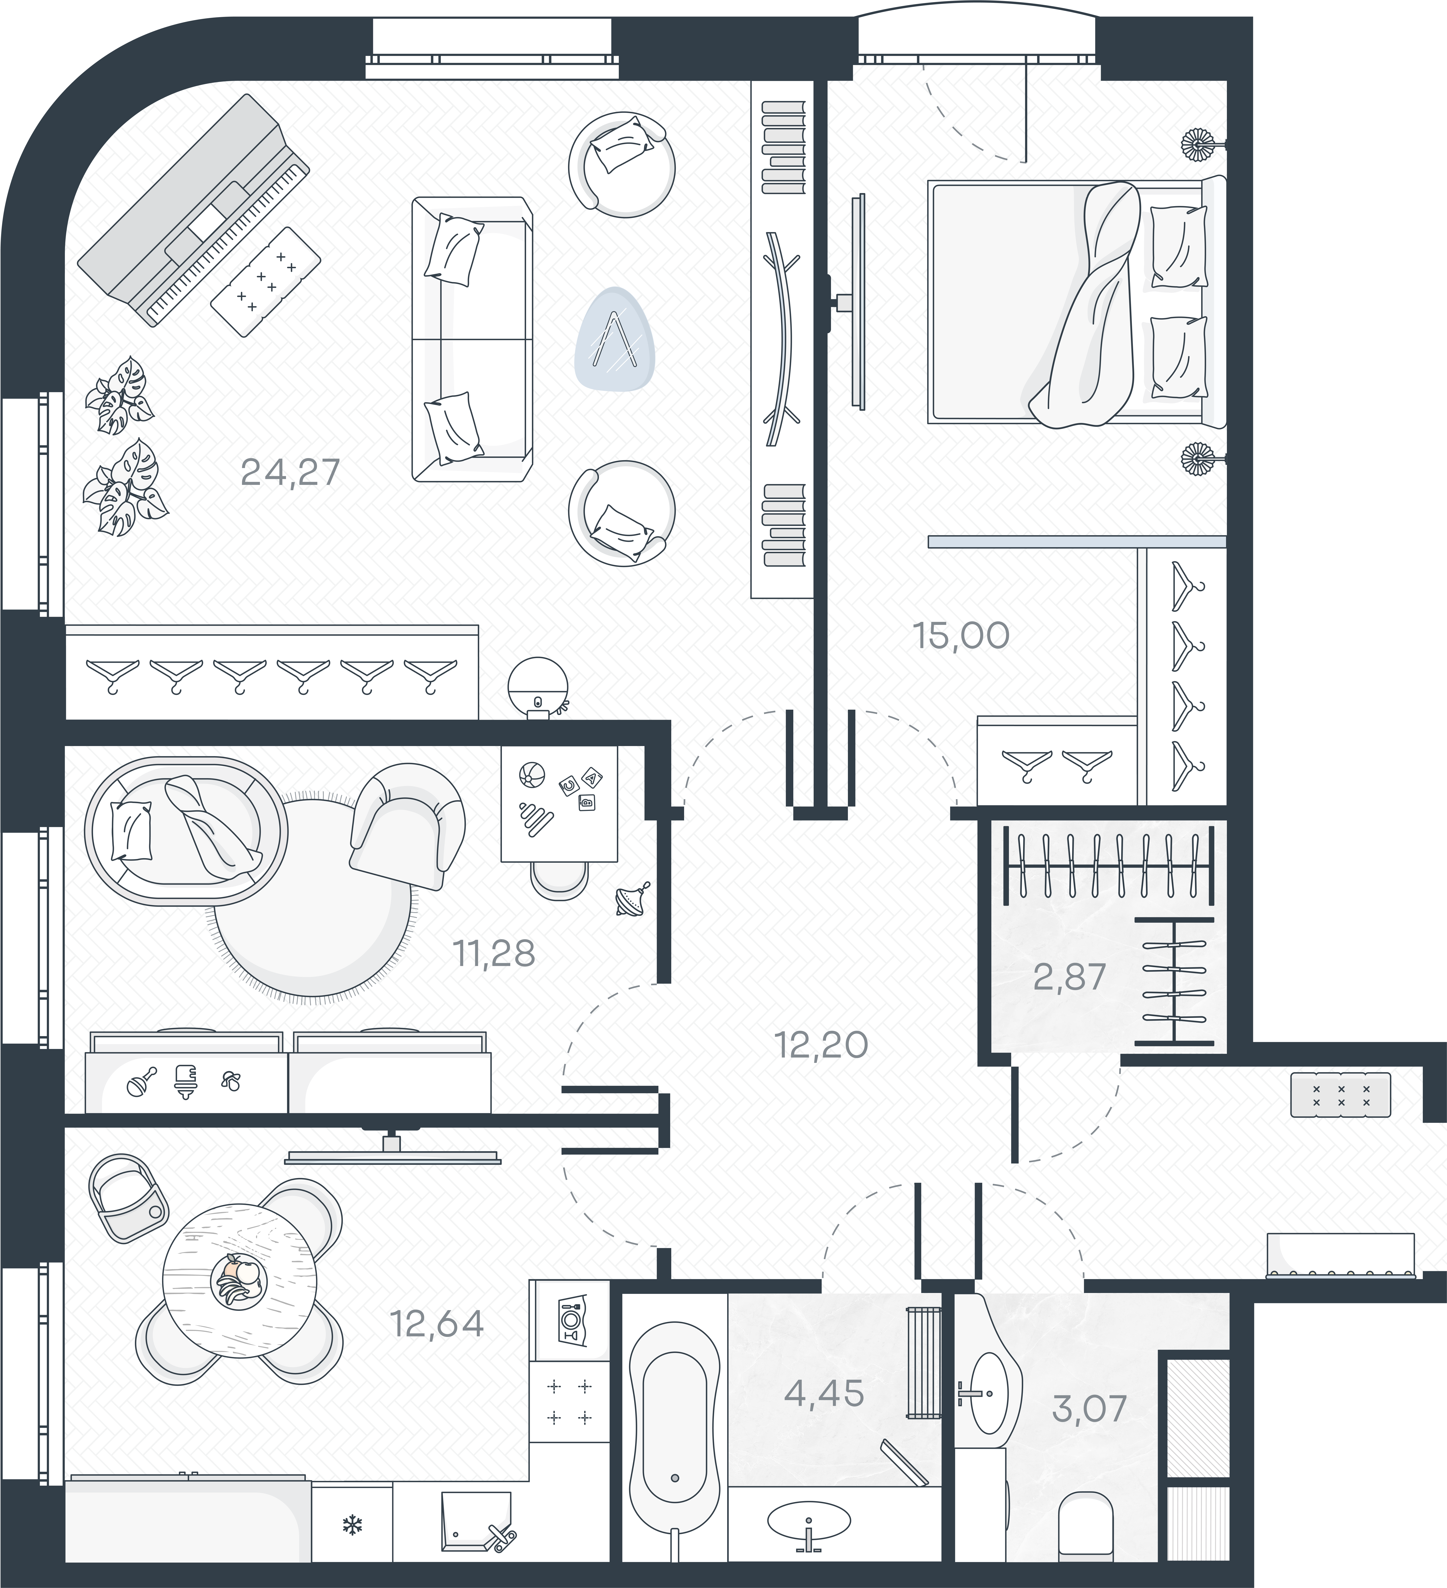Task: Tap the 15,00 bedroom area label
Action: (x=961, y=636)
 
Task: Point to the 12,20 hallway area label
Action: (x=822, y=1045)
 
